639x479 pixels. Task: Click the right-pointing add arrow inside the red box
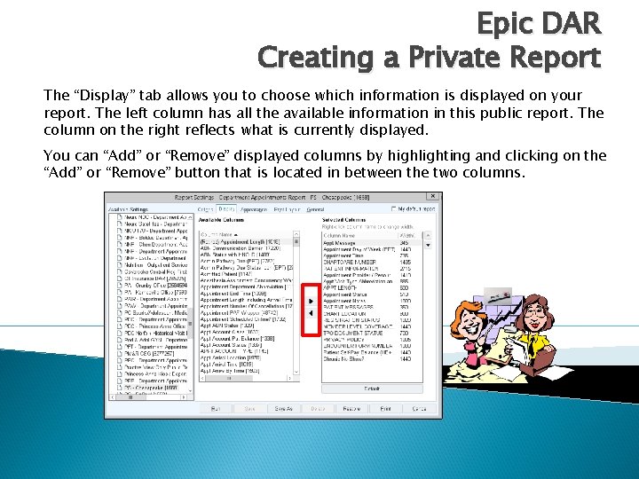pos(310,301)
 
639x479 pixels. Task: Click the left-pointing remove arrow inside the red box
pos(310,315)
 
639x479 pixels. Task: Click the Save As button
pos(283,409)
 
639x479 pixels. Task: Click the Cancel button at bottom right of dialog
pos(420,409)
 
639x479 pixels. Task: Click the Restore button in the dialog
pos(351,409)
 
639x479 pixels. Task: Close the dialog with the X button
pos(433,198)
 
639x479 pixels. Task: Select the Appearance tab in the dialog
pos(255,209)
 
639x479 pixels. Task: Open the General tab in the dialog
pos(315,209)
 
